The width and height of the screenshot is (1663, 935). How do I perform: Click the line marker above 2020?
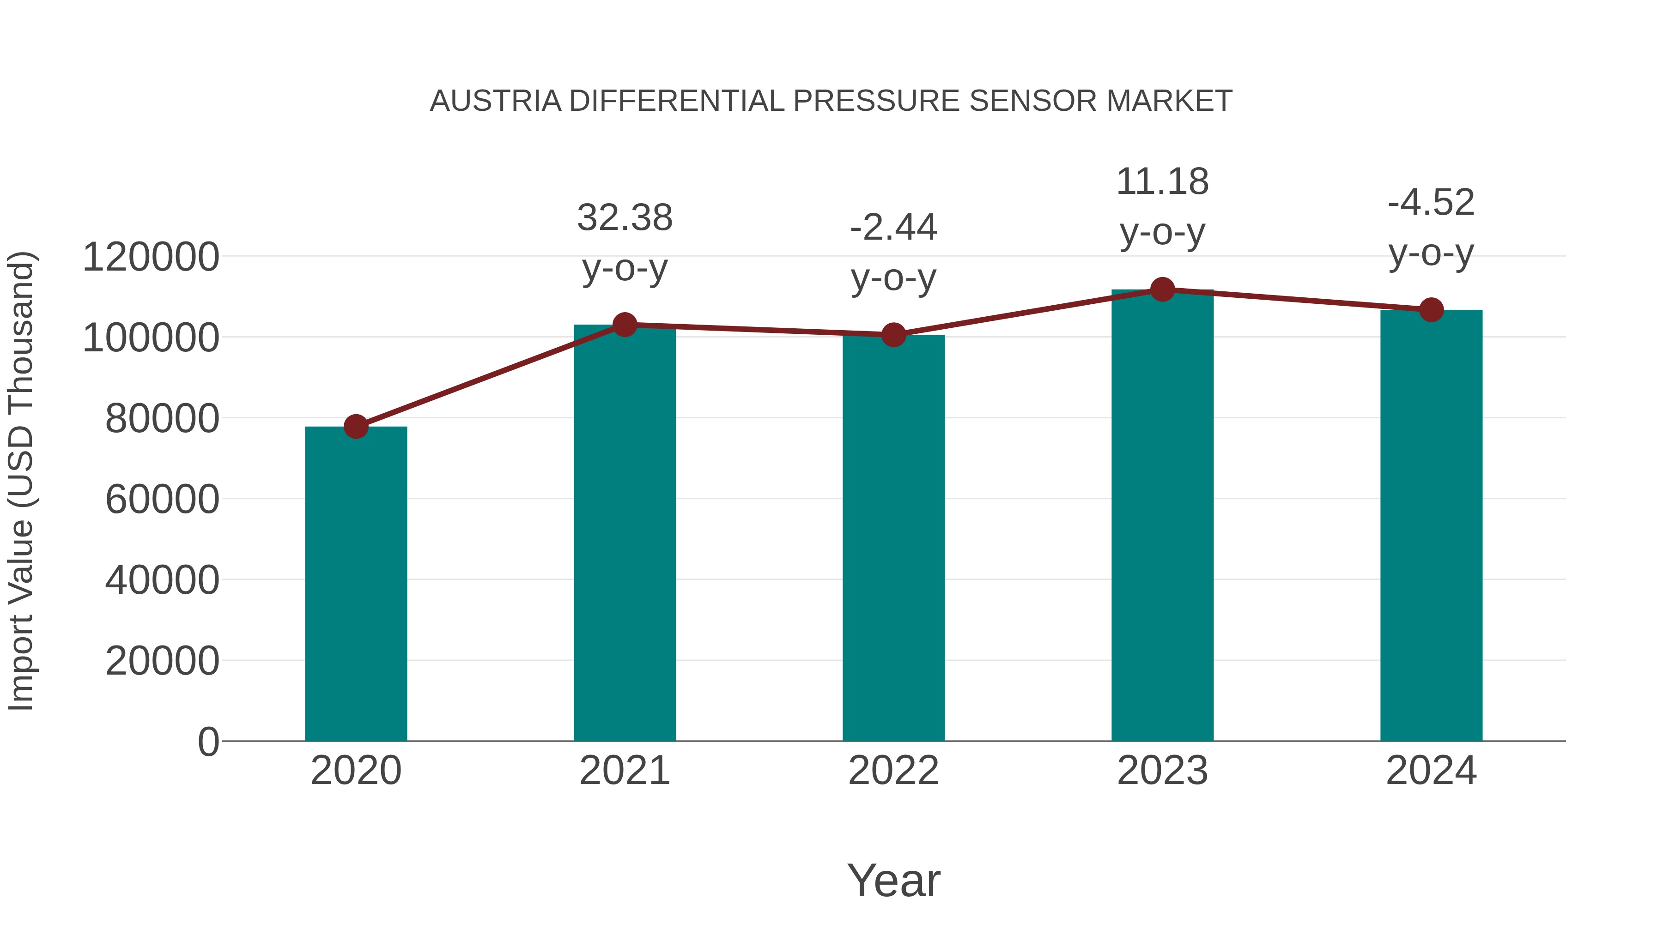coord(356,427)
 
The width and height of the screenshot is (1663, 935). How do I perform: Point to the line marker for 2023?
coord(1162,290)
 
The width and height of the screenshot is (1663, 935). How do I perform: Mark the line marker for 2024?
coord(1431,310)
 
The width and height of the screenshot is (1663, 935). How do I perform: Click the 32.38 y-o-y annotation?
coord(624,242)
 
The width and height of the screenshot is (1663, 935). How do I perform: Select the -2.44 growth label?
coord(893,252)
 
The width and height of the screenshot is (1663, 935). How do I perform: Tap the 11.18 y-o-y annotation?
coord(1162,206)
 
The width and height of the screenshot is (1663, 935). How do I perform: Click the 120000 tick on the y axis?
coord(151,257)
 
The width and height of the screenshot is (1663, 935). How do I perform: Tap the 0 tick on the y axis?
coord(208,742)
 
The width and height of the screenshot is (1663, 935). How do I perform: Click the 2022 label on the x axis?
coord(893,771)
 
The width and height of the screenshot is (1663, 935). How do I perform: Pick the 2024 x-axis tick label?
coord(1431,771)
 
